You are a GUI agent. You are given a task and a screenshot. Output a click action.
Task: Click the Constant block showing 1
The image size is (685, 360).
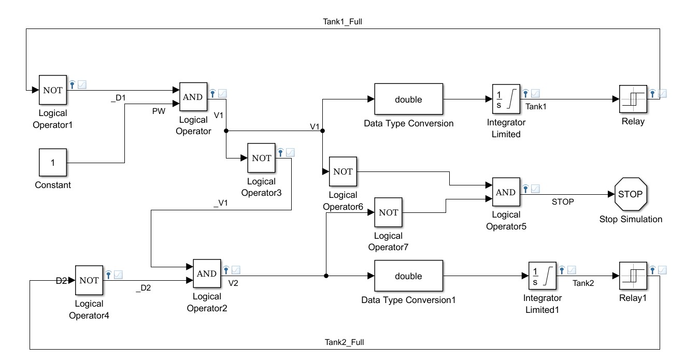(52, 163)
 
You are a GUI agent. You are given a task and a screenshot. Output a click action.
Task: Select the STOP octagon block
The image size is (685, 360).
(630, 194)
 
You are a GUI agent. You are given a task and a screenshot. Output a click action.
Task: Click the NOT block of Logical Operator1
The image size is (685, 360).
(52, 90)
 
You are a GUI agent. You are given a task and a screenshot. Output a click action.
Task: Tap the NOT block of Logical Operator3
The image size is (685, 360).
(262, 159)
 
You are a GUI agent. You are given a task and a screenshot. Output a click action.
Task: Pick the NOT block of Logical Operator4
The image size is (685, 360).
(89, 280)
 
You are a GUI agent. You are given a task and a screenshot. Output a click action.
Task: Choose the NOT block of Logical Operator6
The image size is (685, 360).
(343, 171)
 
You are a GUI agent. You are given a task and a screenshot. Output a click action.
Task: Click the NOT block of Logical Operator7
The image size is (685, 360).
(388, 212)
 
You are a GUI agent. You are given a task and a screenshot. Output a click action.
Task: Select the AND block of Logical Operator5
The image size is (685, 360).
(506, 192)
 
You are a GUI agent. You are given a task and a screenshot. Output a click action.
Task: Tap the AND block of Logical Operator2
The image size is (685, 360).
(206, 273)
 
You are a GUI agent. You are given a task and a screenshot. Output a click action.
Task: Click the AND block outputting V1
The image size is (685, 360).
(193, 97)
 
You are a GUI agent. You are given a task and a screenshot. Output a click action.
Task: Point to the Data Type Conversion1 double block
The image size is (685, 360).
(408, 276)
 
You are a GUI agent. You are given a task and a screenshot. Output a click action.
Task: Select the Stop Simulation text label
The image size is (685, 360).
(631, 219)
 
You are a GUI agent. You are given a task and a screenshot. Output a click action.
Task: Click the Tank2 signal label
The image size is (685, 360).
(583, 283)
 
